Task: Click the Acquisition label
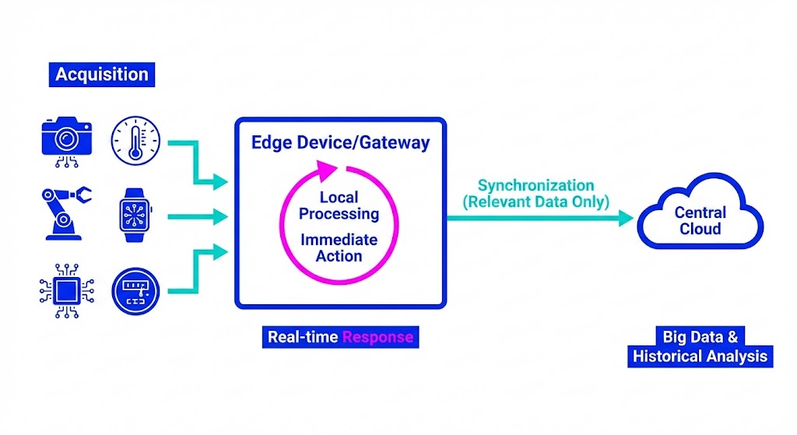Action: pos(101,75)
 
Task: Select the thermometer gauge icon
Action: pos(136,140)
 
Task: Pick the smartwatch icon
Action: pos(135,214)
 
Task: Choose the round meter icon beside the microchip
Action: pos(135,291)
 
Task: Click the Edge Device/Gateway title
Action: pos(340,143)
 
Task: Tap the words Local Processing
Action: pos(339,205)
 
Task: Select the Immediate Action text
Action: pos(339,247)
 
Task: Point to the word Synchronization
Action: pos(535,185)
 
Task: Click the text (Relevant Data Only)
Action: pos(535,202)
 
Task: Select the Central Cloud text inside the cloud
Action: pos(700,220)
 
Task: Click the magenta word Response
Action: pos(378,337)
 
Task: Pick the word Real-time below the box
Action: pos(303,337)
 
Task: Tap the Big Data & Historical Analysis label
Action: pos(700,347)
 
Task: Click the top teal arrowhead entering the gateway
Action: pos(222,183)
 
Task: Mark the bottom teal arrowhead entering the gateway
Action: pos(222,251)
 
